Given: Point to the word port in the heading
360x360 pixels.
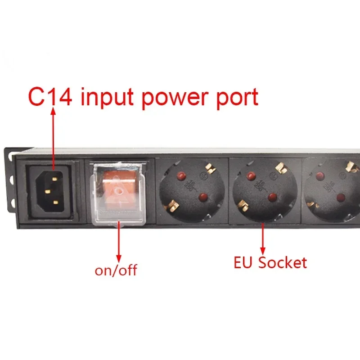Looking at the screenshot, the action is [237, 98].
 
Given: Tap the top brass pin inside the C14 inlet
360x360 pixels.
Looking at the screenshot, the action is [54, 179].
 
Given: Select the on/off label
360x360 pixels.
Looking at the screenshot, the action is [116, 270].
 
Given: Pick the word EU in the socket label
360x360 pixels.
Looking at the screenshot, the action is [244, 262].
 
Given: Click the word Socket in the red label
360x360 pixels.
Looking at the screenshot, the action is [283, 262].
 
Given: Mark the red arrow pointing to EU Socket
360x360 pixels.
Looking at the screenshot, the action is [262, 239].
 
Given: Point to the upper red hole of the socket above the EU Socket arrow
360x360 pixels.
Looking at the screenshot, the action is [248, 175].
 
